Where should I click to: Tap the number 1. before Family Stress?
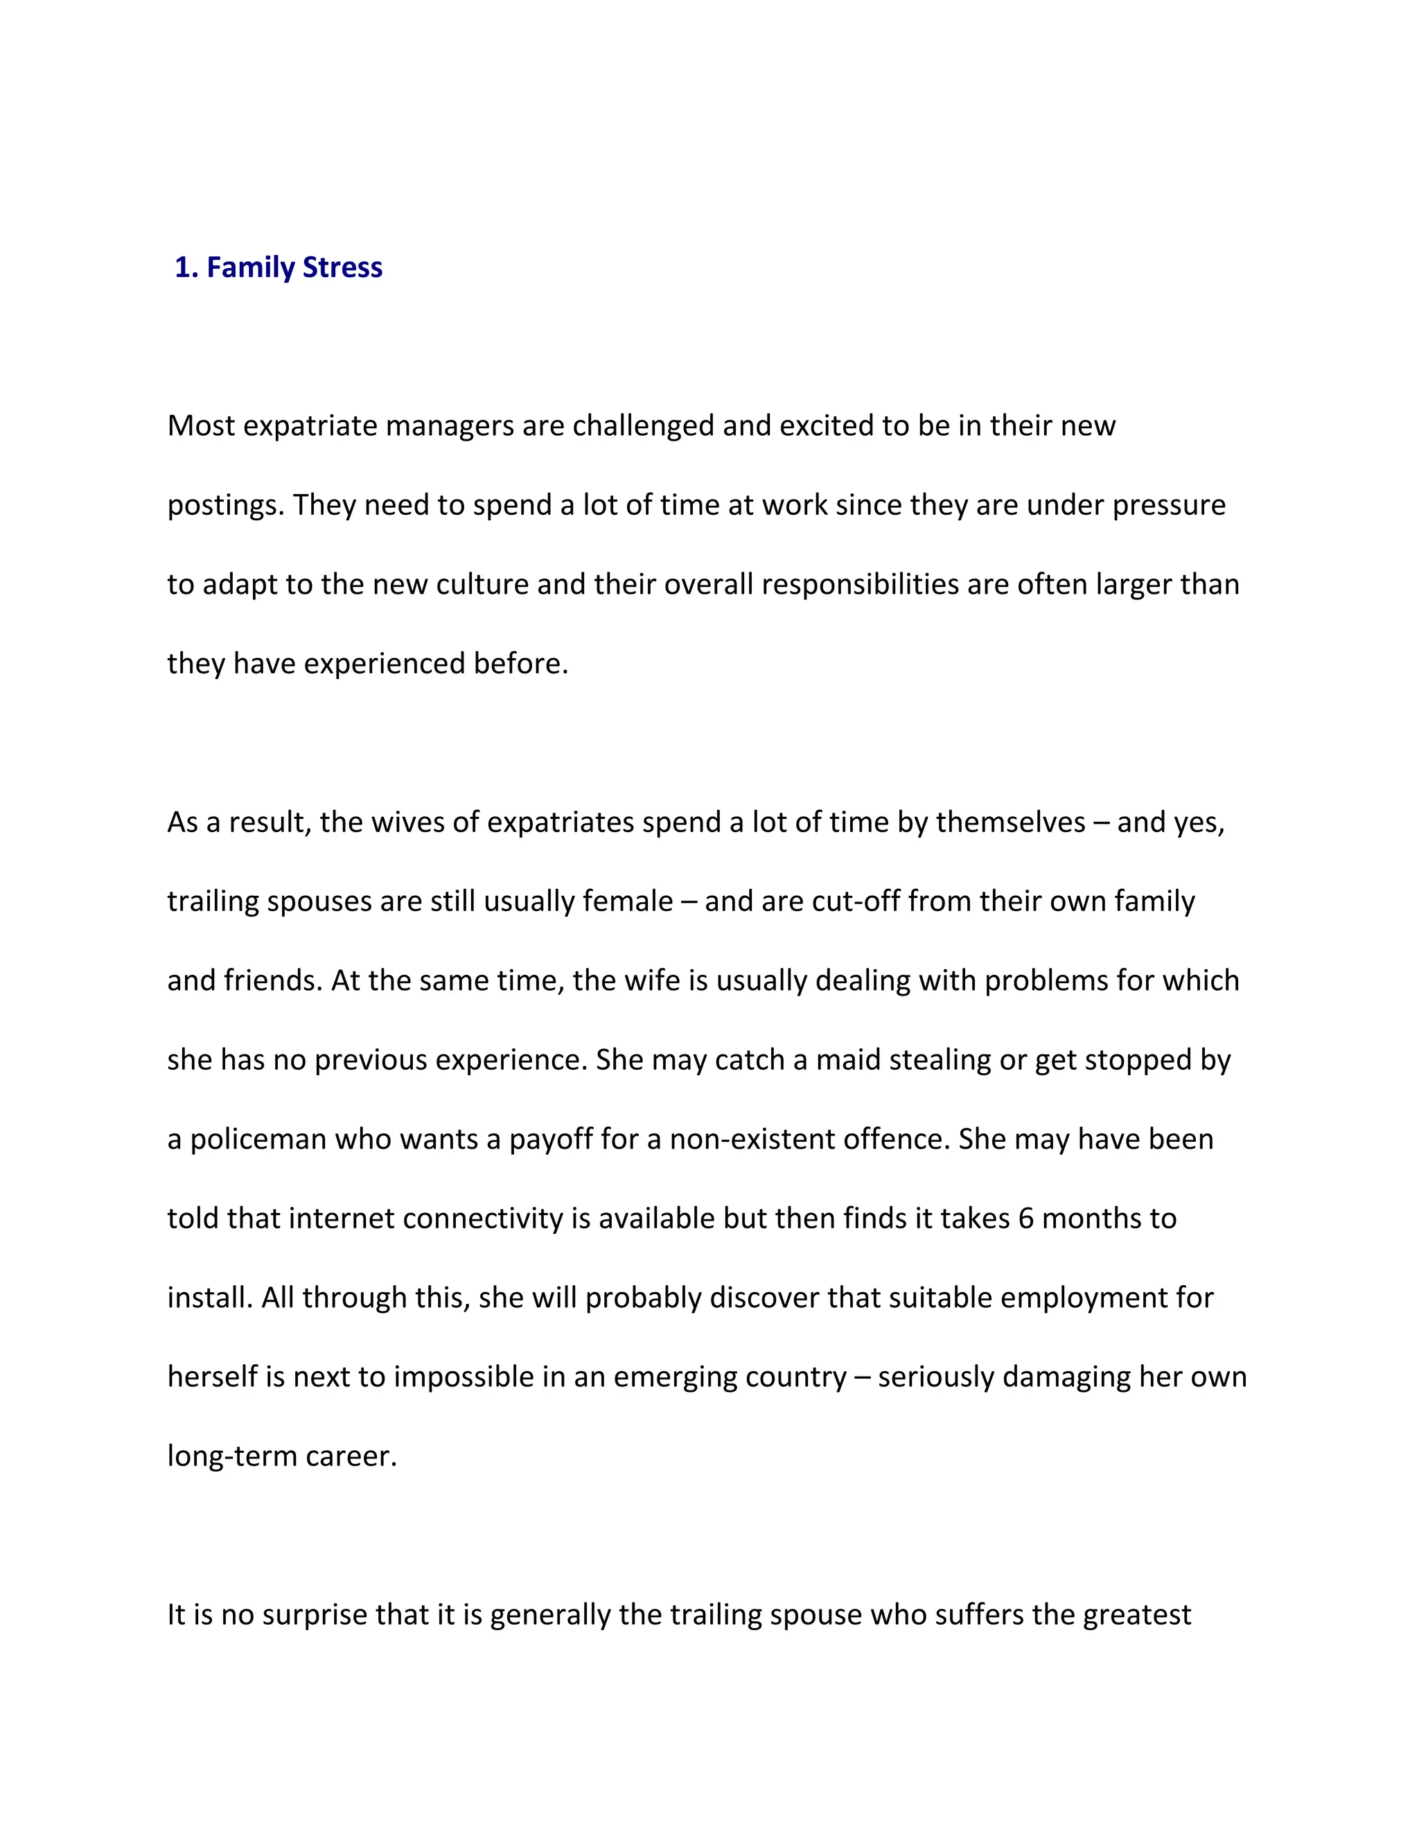pos(186,267)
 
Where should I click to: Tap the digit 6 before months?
pos(1025,1219)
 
